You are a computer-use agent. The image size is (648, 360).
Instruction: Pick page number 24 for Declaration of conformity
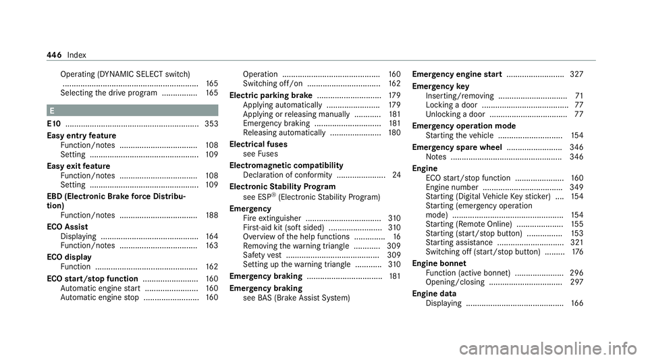click(396, 176)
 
